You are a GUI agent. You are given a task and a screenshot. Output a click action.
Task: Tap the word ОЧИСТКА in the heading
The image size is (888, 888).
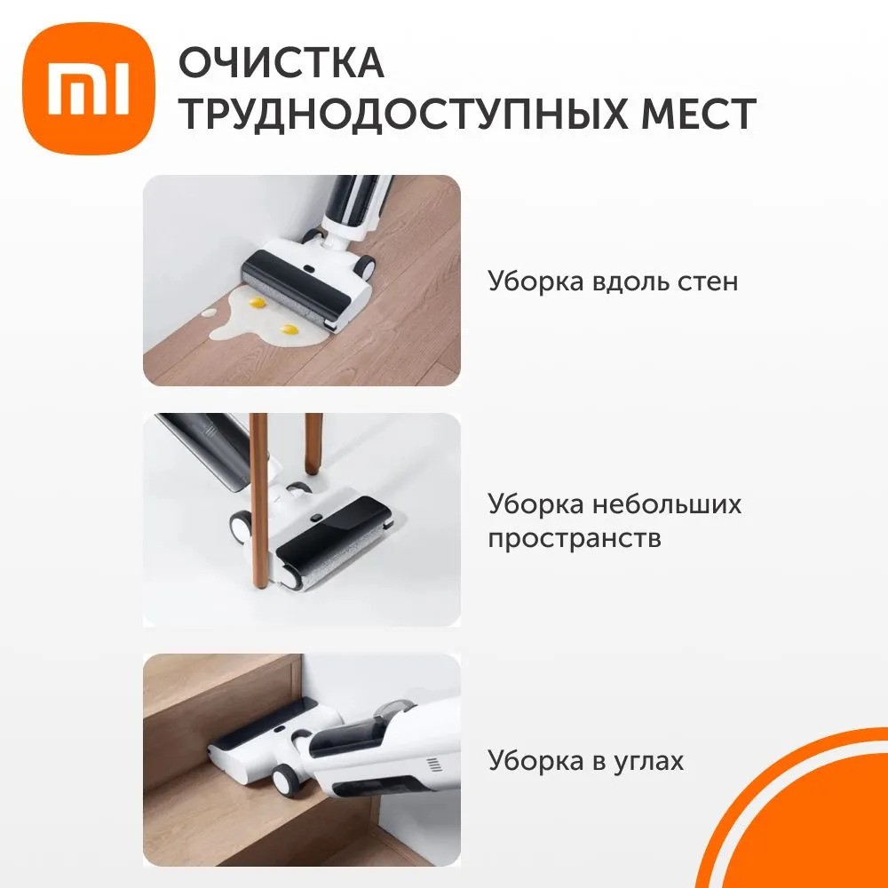pos(281,64)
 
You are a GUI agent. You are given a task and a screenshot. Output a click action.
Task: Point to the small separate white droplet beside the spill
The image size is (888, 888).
pos(207,313)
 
